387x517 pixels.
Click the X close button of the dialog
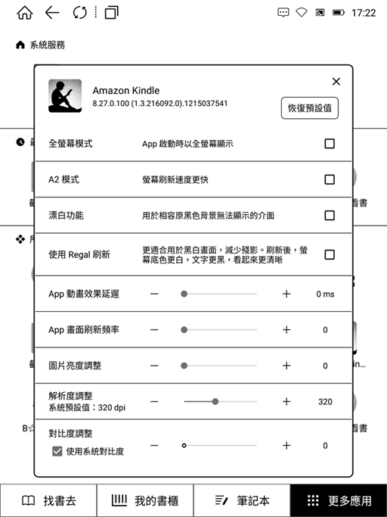(x=336, y=82)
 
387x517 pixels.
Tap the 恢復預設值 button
(x=309, y=107)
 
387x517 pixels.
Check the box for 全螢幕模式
(x=330, y=144)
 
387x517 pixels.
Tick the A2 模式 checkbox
(x=330, y=179)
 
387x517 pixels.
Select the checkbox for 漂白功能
(x=330, y=215)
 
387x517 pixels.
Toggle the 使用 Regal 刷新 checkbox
(x=330, y=254)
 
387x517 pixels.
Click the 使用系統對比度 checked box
(x=57, y=451)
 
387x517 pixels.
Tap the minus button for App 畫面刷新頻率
(x=154, y=330)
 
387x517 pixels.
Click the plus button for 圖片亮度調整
(x=286, y=366)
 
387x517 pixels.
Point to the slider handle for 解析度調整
(x=215, y=402)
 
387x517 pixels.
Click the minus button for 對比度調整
(x=154, y=446)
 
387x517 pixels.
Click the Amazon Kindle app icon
(x=65, y=96)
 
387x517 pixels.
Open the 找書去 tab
(x=48, y=501)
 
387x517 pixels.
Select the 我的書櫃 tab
(x=145, y=501)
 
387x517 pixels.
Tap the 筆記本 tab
(x=242, y=501)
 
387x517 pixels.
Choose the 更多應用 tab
(x=339, y=501)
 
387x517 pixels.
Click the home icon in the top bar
(x=24, y=13)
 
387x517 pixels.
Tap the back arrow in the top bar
(x=52, y=13)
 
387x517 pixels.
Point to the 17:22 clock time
(x=364, y=13)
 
